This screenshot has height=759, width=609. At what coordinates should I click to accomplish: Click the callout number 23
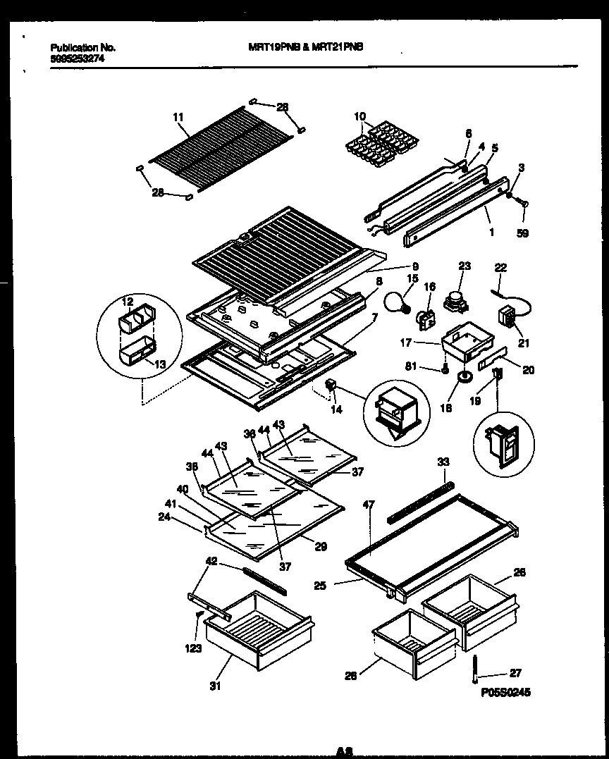coord(464,266)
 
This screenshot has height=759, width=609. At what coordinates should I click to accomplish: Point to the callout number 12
coord(128,302)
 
